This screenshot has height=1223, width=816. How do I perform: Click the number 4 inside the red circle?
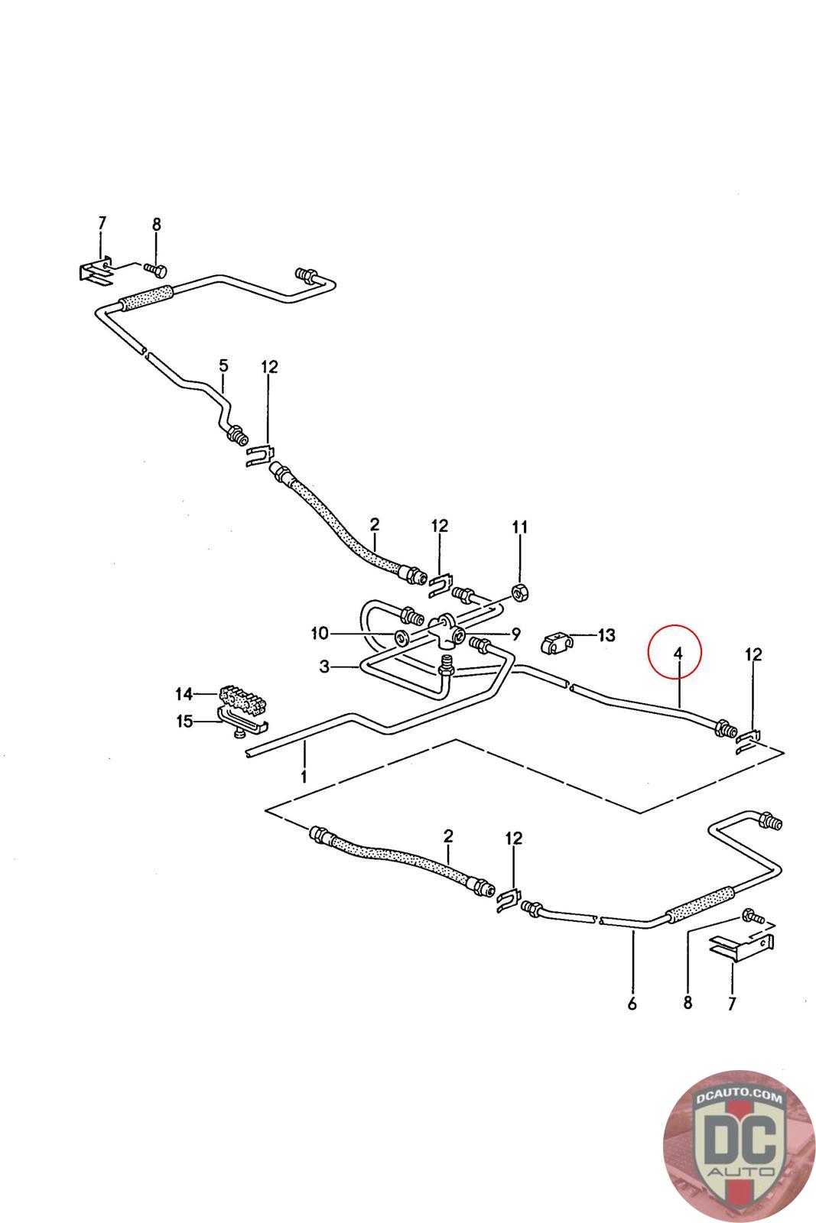677,653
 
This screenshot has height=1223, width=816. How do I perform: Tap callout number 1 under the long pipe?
304,777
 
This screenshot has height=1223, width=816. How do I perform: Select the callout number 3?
325,667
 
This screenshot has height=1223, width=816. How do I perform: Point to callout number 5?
223,365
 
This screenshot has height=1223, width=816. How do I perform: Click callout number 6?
632,1004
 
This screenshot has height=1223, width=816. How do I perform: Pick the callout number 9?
515,633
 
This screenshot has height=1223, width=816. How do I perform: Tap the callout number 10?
319,633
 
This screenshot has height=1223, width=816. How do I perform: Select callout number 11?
520,527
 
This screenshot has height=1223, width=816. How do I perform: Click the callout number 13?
606,634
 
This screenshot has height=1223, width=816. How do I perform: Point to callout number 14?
184,694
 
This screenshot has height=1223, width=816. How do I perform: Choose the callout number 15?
184,720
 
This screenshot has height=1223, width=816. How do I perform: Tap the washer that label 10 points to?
401,637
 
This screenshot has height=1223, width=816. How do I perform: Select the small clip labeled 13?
555,644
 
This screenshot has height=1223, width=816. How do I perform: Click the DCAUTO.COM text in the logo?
739,1099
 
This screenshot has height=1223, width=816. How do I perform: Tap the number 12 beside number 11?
439,526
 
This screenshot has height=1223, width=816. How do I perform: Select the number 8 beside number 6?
688,1003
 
